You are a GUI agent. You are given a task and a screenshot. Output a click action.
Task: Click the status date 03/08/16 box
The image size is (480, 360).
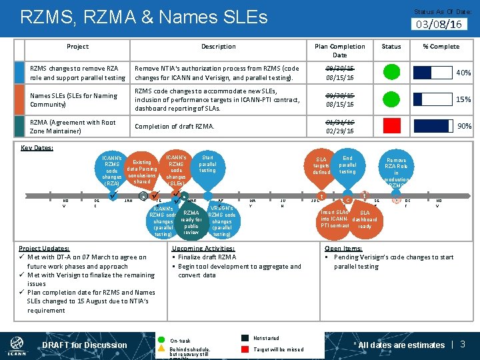438,24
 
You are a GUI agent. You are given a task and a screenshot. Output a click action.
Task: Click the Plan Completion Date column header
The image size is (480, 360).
339,51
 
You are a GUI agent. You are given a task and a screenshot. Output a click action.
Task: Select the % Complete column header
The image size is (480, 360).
441,47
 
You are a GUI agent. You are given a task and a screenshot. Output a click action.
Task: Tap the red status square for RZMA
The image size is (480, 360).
391,126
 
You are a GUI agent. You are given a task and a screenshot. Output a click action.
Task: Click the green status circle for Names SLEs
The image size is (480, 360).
391,99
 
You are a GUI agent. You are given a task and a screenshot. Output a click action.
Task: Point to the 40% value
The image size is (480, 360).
463,73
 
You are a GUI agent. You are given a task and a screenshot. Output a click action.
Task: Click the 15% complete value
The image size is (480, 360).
463,99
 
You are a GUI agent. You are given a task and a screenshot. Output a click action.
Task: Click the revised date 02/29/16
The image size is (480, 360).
340,131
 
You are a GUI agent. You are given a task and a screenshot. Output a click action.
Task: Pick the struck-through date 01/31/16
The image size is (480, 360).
340,122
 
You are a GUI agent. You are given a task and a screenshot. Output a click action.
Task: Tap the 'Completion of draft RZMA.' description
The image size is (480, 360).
175,127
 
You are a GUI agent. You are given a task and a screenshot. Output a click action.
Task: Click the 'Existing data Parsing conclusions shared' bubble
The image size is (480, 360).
142,171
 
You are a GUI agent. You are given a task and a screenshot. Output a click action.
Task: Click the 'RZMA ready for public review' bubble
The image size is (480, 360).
191,222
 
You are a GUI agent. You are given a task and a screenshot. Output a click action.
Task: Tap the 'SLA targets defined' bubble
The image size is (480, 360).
321,166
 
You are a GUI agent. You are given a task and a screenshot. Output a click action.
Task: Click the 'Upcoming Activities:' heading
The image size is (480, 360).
203,248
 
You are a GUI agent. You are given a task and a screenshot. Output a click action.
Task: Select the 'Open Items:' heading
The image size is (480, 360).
343,248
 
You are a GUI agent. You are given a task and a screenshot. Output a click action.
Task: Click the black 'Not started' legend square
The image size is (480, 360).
245,338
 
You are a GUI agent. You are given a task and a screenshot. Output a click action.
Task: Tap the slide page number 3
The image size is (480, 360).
463,344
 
